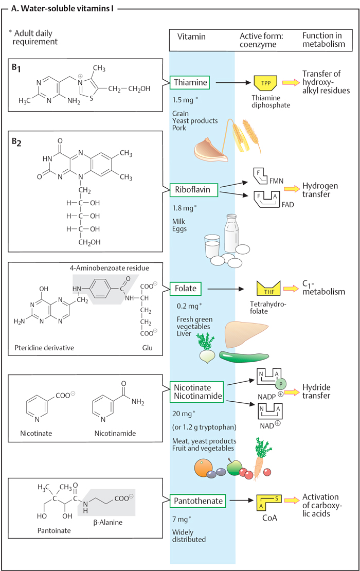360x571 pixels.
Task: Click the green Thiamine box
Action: (190, 83)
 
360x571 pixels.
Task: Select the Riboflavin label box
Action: (194, 190)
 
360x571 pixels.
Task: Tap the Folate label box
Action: (186, 289)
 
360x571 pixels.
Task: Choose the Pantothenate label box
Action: (198, 501)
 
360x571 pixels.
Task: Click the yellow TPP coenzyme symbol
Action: (266, 83)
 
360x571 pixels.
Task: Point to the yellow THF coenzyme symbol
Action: (268, 288)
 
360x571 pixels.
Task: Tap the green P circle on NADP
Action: (281, 384)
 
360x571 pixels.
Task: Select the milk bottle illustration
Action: (231, 233)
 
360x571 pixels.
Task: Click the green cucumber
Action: (244, 357)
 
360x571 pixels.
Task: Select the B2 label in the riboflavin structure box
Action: (16, 142)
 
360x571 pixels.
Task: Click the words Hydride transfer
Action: (316, 391)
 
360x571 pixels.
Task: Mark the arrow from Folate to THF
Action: (226, 289)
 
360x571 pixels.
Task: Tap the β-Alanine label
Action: (108, 522)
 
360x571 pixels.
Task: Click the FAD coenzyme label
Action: (287, 205)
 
